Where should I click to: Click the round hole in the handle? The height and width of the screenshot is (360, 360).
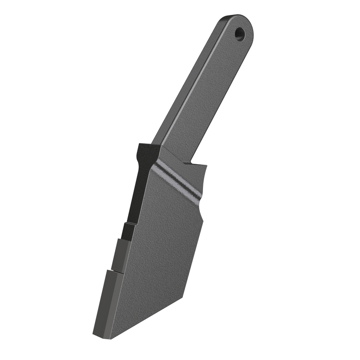click(240, 33)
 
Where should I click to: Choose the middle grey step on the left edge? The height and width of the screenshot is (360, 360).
click(121, 255)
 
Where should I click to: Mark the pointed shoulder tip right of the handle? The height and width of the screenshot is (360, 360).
click(206, 165)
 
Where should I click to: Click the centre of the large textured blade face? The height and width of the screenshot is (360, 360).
click(157, 252)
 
